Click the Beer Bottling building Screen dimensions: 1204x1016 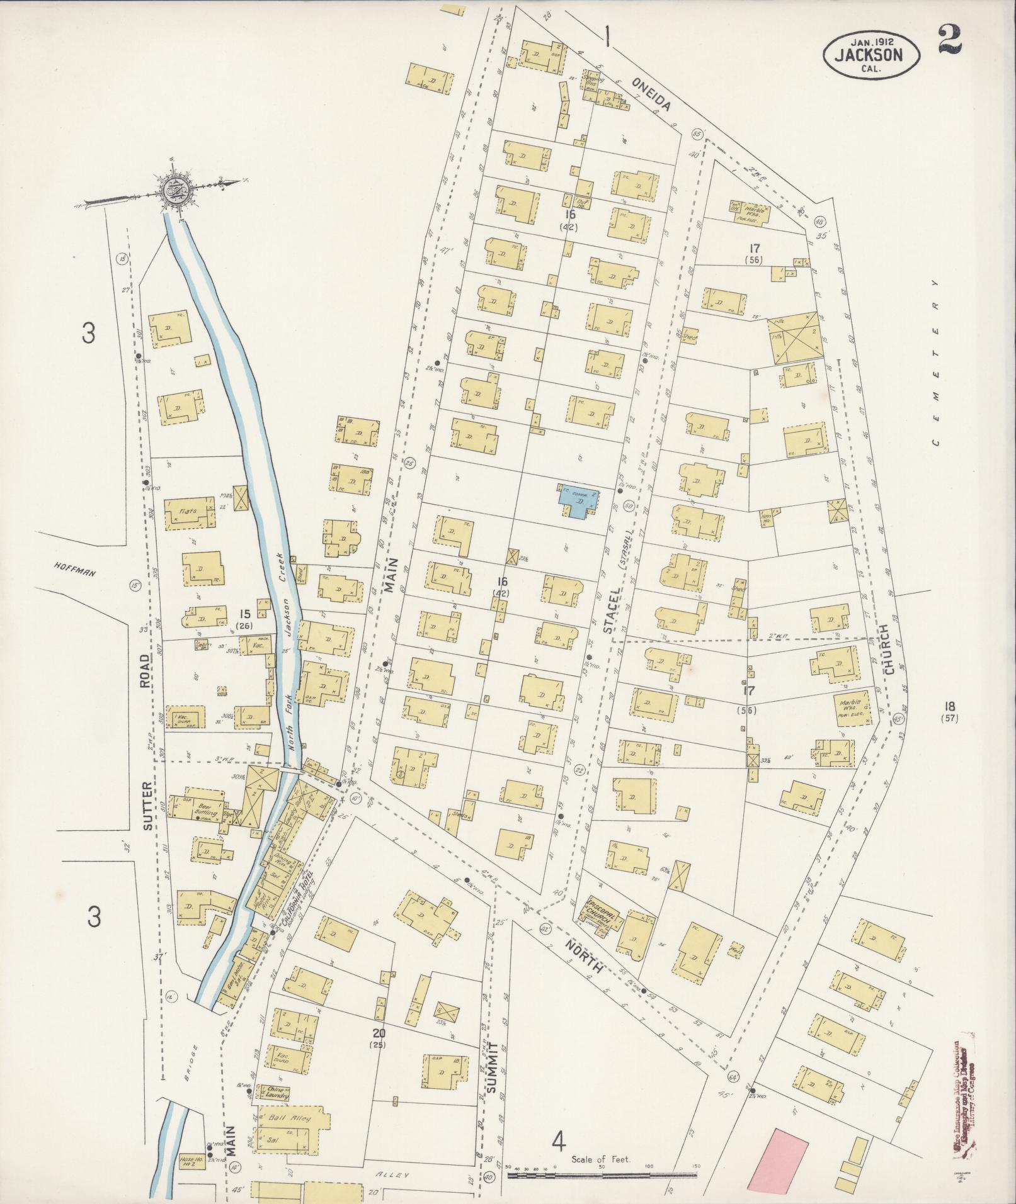tap(200, 811)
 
